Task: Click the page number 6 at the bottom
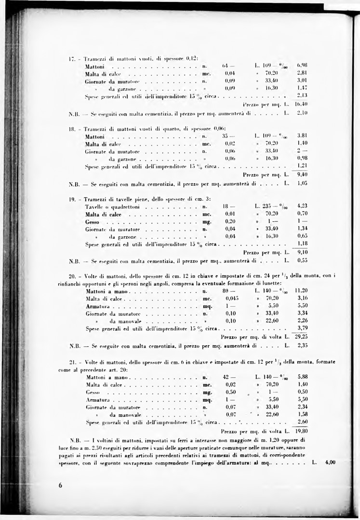click(60, 485)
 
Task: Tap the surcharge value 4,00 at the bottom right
click(330, 462)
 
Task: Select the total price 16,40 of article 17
click(303, 103)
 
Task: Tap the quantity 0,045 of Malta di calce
click(232, 298)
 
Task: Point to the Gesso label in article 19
click(92, 221)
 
